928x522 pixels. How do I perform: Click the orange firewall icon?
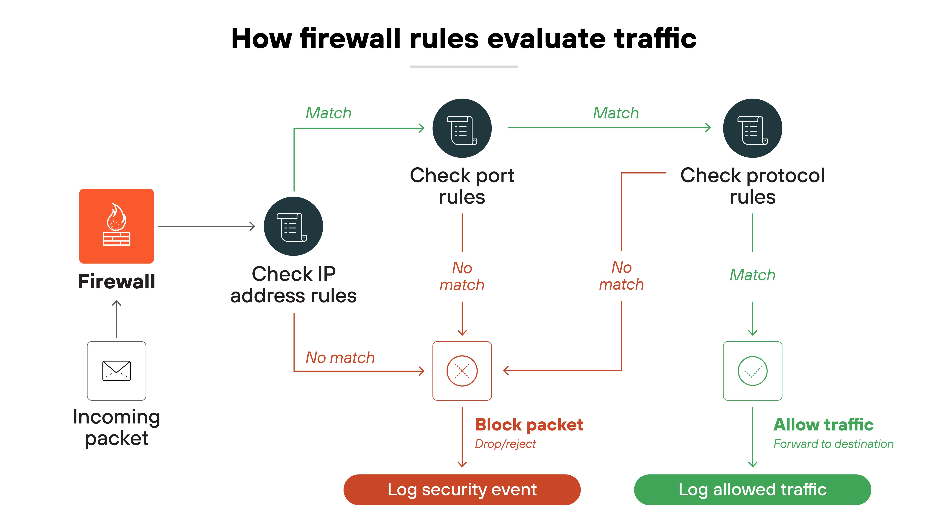116,226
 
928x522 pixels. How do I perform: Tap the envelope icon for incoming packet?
116,371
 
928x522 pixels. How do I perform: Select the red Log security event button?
462,490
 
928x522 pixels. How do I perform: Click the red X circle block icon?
462,371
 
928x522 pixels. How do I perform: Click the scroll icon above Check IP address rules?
293,226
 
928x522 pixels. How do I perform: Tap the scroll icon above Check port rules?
462,128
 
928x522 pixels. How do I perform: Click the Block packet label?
529,425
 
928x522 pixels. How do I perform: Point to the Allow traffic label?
823,425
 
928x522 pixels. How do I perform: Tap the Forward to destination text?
833,444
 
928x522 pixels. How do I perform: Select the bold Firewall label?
116,281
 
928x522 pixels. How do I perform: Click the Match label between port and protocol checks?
616,113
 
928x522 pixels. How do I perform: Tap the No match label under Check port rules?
462,276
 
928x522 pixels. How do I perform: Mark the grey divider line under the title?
464,67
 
